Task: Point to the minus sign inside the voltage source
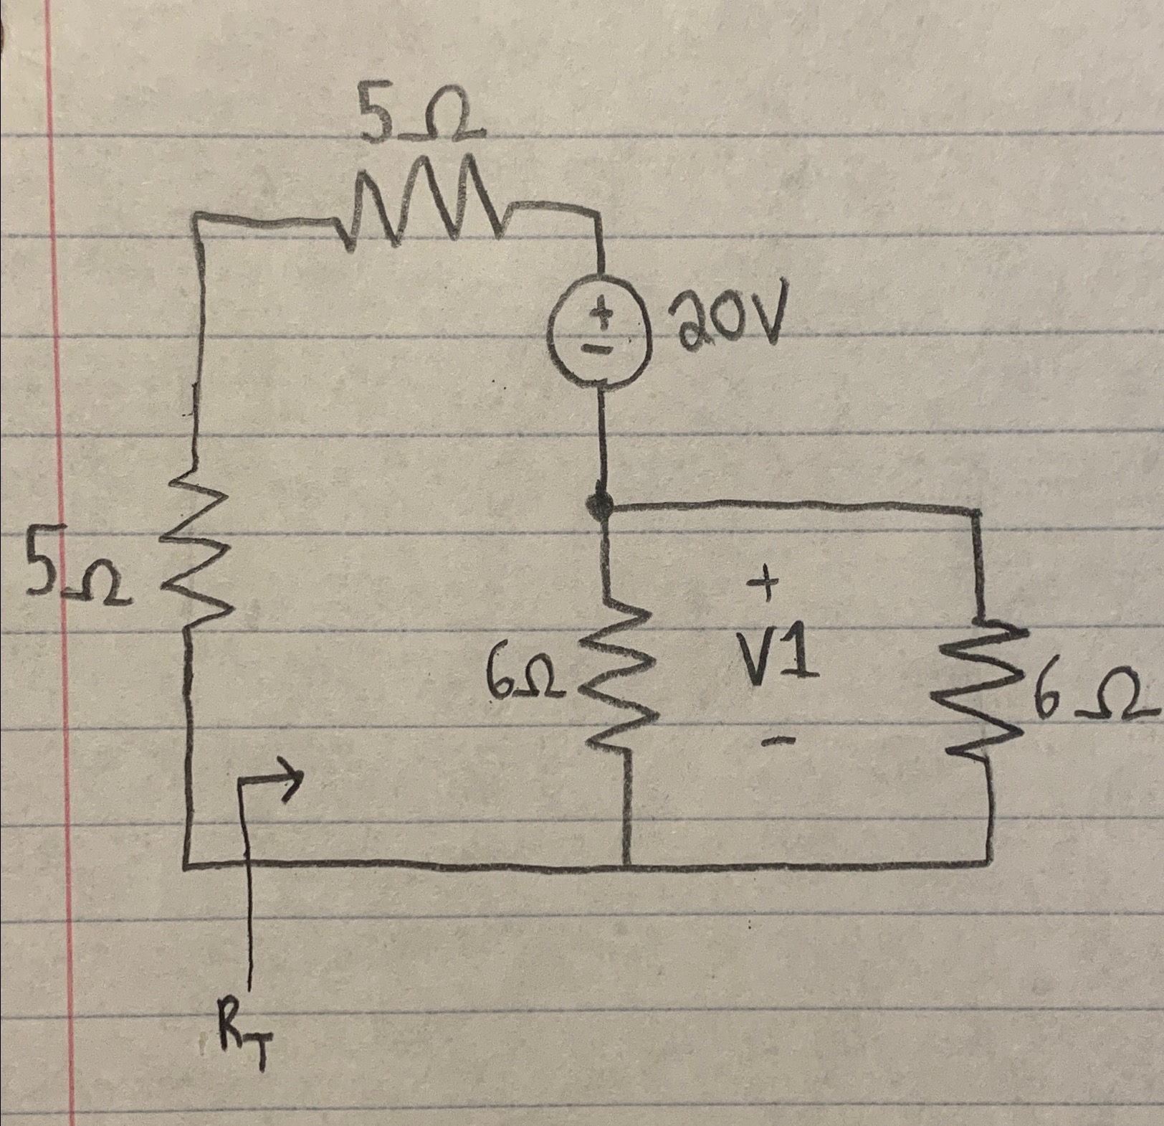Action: tap(601, 349)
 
